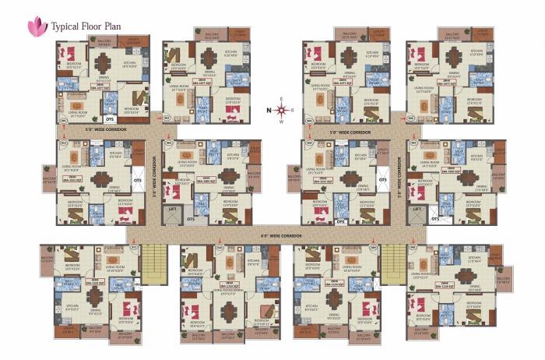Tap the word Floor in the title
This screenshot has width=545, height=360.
(97, 26)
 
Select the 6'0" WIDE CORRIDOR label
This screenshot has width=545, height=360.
(280, 232)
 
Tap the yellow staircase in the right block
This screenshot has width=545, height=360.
(393, 262)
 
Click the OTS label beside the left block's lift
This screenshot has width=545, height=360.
(192, 220)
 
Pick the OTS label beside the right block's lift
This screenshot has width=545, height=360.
(436, 220)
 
